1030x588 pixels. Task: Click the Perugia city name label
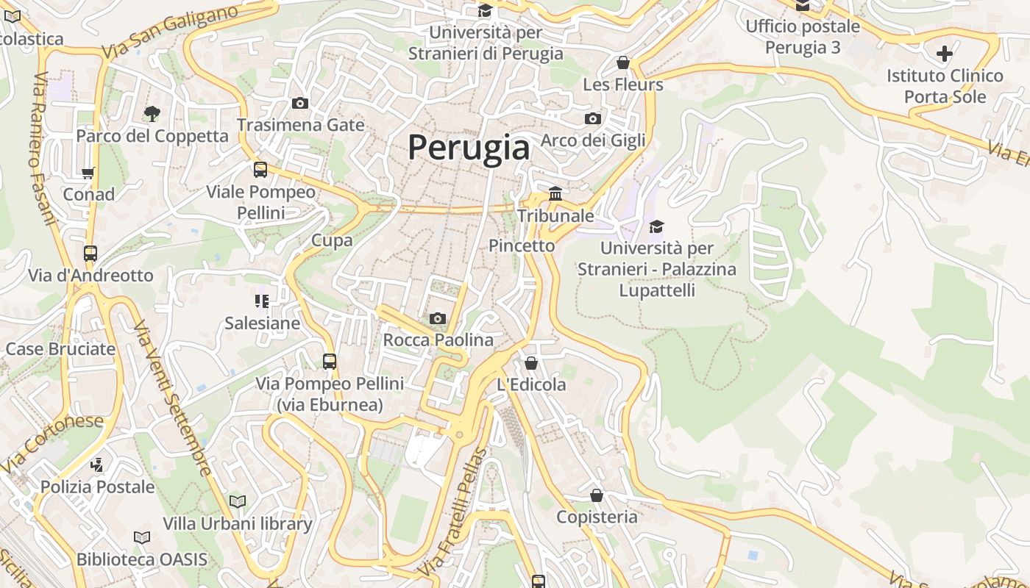coord(469,148)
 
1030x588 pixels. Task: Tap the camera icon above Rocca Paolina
coord(438,318)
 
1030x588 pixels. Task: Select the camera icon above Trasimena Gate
coord(300,103)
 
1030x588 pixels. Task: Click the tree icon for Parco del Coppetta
coord(152,113)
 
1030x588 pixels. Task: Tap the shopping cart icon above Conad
coord(88,173)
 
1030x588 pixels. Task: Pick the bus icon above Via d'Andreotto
coord(90,254)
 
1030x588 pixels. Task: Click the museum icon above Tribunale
coord(555,193)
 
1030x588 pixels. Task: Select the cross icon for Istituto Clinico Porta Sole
coord(945,53)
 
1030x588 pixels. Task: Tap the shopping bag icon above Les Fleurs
coord(623,62)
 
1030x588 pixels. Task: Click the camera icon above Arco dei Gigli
coord(593,118)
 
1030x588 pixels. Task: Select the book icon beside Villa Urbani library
coord(237,502)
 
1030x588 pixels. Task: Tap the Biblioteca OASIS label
coord(142,559)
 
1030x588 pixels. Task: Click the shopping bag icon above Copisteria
coord(597,495)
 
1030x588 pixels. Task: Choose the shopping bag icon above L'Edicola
coord(531,363)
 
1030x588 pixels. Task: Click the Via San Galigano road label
coord(171,33)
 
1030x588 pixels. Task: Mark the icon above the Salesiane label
coord(262,301)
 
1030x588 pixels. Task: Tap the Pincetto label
coord(522,245)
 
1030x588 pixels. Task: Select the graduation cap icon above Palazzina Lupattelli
coord(656,226)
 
